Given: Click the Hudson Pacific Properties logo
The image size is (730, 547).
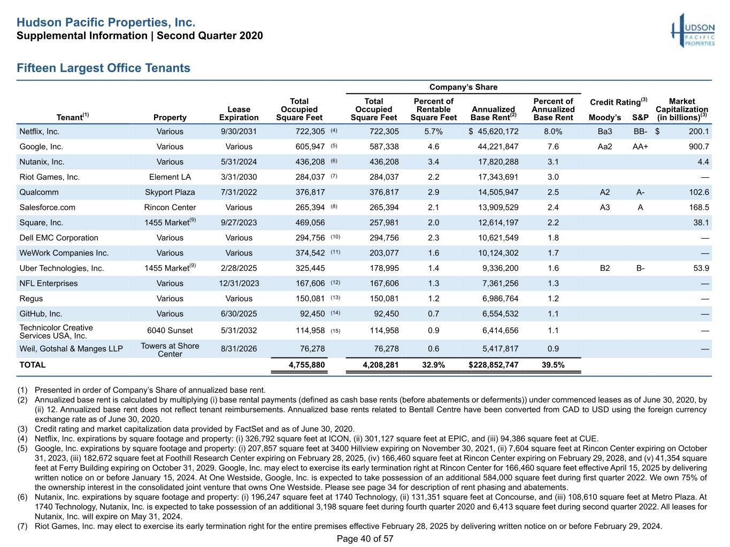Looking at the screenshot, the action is pyautogui.click(x=693, y=30).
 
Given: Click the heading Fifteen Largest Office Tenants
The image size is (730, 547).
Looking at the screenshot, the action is pyautogui.click(x=103, y=68).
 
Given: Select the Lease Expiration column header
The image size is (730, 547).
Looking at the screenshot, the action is pyautogui.click(x=239, y=113).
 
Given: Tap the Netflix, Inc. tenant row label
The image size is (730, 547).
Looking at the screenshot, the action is pyautogui.click(x=39, y=131).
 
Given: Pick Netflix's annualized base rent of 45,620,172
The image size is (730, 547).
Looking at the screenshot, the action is pyautogui.click(x=494, y=131).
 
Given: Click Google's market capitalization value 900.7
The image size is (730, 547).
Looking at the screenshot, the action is pyautogui.click(x=699, y=146).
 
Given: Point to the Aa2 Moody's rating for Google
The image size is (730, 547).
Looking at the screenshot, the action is pyautogui.click(x=605, y=146).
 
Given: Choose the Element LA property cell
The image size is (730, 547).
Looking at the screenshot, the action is pyautogui.click(x=170, y=177).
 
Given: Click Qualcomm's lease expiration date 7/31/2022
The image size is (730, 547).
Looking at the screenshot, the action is pyautogui.click(x=239, y=192).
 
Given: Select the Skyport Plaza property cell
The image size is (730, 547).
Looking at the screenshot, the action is pyautogui.click(x=170, y=192).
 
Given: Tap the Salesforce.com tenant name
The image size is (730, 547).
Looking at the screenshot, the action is pyautogui.click(x=47, y=208).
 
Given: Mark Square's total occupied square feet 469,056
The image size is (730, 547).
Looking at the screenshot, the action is pyautogui.click(x=310, y=223).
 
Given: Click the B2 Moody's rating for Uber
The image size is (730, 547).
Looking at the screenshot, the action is pyautogui.click(x=605, y=268).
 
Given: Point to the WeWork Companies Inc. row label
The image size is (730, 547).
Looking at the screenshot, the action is pyautogui.click(x=64, y=253).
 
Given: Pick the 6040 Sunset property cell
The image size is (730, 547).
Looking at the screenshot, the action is pyautogui.click(x=170, y=331).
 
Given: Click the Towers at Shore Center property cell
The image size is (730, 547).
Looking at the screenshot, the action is pyautogui.click(x=170, y=350).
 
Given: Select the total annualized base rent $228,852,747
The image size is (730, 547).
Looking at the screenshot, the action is pyautogui.click(x=494, y=365).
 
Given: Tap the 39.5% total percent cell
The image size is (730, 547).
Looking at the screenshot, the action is pyautogui.click(x=553, y=365).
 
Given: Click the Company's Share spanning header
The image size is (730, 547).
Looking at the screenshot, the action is pyautogui.click(x=463, y=87).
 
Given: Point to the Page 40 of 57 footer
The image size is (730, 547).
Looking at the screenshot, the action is pyautogui.click(x=365, y=538).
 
